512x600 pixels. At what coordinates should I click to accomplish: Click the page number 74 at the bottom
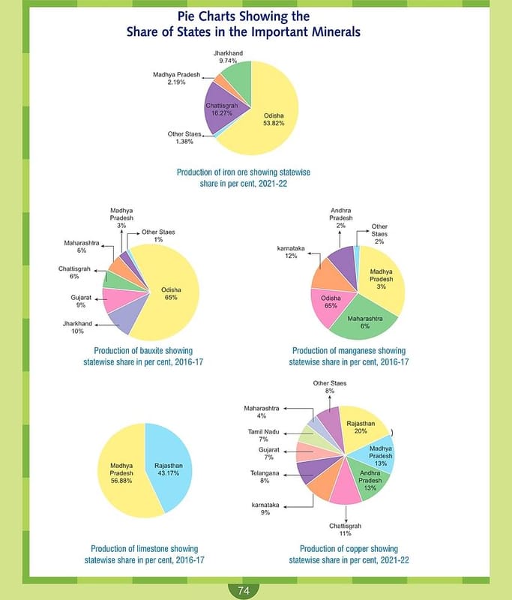(x=243, y=591)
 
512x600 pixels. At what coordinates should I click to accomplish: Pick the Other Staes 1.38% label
(x=184, y=138)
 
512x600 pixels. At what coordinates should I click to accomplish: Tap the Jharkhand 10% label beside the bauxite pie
(x=77, y=327)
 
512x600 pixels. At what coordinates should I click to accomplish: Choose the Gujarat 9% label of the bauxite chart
(x=81, y=301)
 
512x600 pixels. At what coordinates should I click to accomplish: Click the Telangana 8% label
(x=265, y=478)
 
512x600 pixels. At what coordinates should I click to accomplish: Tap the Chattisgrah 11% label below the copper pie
(x=346, y=529)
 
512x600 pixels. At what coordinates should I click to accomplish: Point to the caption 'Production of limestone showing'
(x=145, y=548)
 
